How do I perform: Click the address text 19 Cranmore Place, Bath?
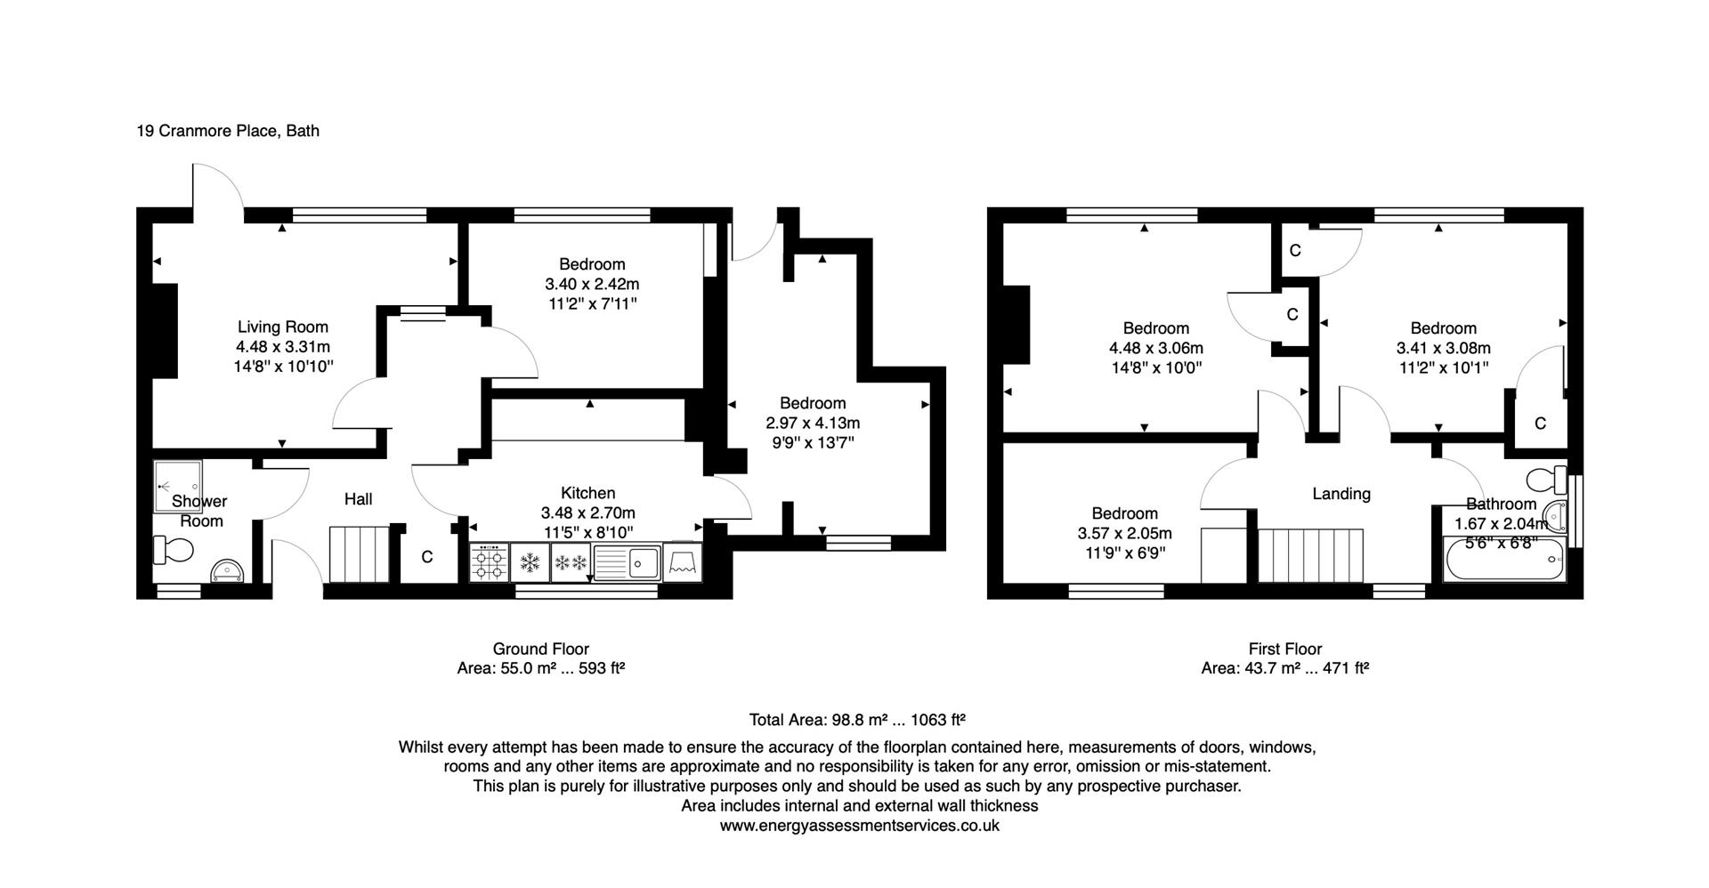[227, 131]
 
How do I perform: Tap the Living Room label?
[282, 327]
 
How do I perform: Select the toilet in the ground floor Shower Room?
[174, 551]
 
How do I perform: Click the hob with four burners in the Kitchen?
[490, 563]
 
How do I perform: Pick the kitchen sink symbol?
[628, 562]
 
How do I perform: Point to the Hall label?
[358, 499]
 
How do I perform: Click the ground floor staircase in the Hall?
[360, 554]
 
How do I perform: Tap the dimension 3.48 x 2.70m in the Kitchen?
[587, 513]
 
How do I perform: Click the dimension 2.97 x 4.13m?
[812, 424]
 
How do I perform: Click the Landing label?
[1340, 494]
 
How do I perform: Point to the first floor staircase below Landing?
[1311, 555]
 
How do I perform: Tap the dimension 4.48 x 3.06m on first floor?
[1155, 348]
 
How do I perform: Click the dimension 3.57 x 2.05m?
[1124, 534]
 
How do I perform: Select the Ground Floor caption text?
[540, 649]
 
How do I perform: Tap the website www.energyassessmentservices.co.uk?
[859, 826]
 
